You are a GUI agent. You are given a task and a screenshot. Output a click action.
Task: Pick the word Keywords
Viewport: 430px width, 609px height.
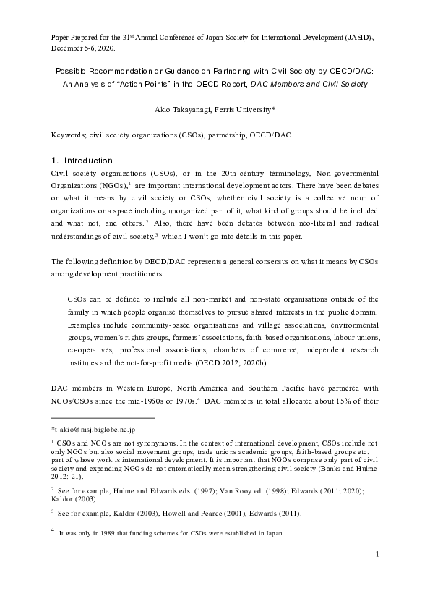pyautogui.click(x=66, y=135)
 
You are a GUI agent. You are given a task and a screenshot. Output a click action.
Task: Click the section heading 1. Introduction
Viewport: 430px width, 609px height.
pyautogui.click(x=84, y=160)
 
